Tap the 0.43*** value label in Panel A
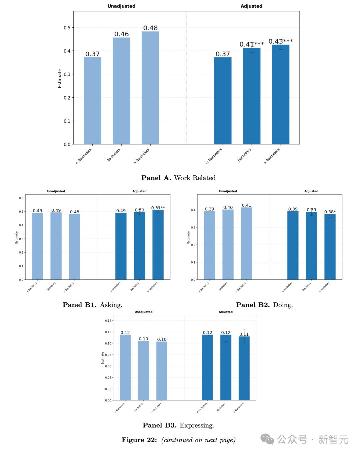coord(280,41)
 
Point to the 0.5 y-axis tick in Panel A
coord(67,28)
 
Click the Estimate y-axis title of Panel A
coord(60,78)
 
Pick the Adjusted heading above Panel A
coord(251,6)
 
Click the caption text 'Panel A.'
coord(156,178)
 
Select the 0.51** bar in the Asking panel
coord(158,245)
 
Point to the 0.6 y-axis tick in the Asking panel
coord(21,198)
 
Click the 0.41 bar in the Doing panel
coord(247,243)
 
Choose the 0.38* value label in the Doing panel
coord(330,212)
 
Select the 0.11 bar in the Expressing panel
coord(244,368)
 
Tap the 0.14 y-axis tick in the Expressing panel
coord(108,321)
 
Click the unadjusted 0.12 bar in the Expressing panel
coord(125,367)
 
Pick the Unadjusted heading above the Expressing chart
coord(143,312)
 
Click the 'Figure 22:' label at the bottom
coord(139,440)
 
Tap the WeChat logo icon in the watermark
coord(267,439)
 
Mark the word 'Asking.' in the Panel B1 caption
coord(111,305)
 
